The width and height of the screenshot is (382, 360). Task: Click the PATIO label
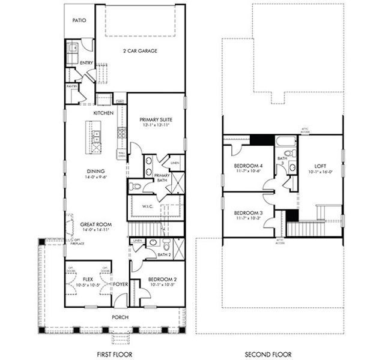click(79, 20)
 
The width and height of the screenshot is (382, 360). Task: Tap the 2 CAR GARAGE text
click(140, 51)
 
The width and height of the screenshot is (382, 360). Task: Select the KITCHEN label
click(103, 113)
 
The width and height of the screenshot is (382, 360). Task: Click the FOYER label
click(121, 284)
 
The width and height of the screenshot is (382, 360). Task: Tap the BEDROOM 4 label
click(248, 165)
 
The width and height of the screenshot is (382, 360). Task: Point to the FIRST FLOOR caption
click(114, 354)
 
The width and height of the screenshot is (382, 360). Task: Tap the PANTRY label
click(71, 86)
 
